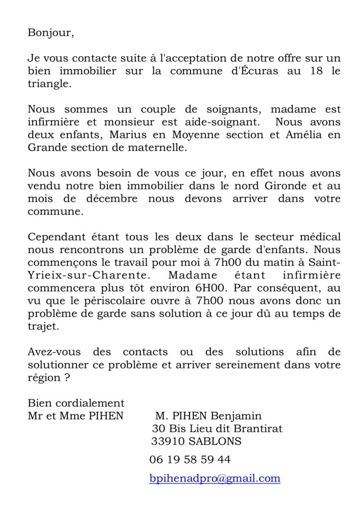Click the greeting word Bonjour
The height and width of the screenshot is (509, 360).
point(50,34)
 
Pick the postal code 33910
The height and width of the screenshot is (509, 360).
point(168,441)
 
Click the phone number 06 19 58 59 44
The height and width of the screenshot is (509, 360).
point(189,459)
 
